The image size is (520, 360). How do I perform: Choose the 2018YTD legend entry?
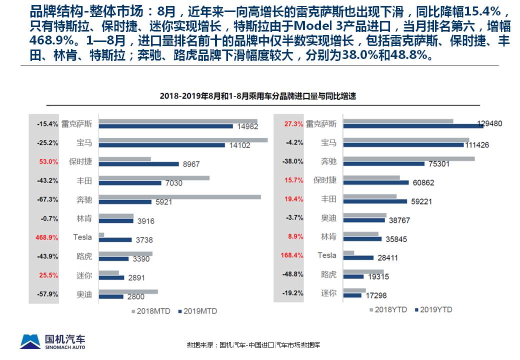[389, 309]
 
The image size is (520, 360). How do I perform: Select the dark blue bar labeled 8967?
[138, 164]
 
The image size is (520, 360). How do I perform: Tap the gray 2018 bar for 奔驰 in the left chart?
[179, 197]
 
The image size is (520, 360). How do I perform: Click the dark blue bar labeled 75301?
[383, 163]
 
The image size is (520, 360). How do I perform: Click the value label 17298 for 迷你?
[375, 295]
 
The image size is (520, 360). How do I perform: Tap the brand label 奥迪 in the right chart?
[328, 218]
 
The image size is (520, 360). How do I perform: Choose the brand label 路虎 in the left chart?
[84, 256]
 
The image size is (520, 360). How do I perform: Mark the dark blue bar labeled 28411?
[358, 257]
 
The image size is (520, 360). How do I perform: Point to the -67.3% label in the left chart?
[47, 199]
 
